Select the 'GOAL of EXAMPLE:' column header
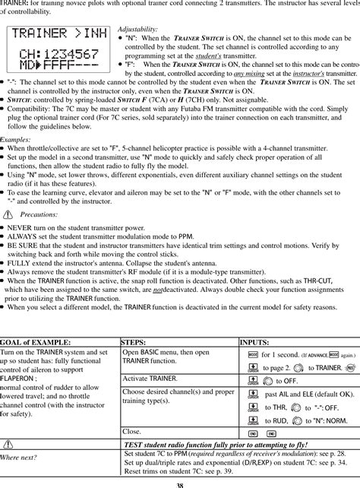36,343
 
